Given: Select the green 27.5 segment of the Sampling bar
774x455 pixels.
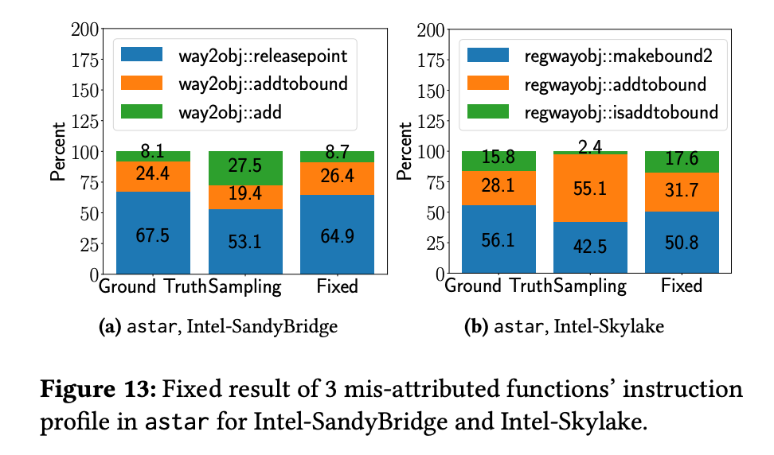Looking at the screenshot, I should [x=245, y=168].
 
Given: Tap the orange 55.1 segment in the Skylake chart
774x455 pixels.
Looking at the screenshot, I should [x=591, y=189].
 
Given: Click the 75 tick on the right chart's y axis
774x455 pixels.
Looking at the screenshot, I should [x=436, y=182].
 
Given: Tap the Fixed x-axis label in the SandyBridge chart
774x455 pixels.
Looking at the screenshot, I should [x=337, y=286].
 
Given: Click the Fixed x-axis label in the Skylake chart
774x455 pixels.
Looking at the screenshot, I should [x=682, y=286].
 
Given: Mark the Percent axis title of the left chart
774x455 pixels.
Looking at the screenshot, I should [x=57, y=151].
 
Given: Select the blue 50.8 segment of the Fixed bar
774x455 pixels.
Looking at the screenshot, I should [x=682, y=243].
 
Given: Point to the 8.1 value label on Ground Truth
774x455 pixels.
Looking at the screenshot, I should [x=153, y=151].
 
